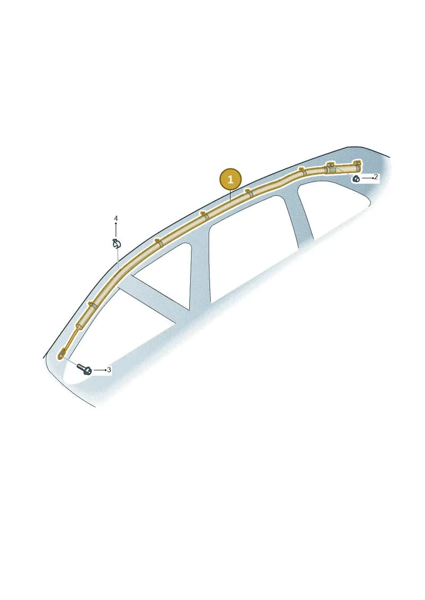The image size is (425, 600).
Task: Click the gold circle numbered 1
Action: [x=231, y=179]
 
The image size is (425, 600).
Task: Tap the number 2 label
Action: [x=376, y=177]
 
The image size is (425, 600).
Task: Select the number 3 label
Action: [x=109, y=370]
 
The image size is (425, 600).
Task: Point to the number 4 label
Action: [x=116, y=219]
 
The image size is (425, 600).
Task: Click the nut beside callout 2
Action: [x=356, y=178]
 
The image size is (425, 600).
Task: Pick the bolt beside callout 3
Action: [x=84, y=369]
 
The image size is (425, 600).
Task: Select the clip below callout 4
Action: [x=116, y=244]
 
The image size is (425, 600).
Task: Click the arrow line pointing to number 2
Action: [x=367, y=178]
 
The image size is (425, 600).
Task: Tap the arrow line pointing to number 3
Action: [x=99, y=370]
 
